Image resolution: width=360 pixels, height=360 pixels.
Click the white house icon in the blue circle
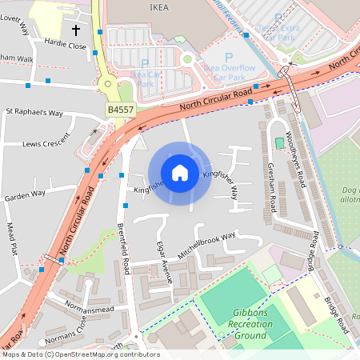point(180,173)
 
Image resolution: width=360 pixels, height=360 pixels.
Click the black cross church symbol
point(76,30)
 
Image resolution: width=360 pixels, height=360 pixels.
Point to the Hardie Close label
point(66,46)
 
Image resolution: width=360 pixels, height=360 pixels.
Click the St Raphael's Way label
point(34,113)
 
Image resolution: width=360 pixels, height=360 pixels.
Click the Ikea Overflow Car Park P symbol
point(228,57)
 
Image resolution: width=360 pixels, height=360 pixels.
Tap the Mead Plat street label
point(12,238)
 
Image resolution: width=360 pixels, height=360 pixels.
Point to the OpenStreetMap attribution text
point(80,354)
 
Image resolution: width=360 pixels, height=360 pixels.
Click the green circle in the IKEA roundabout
point(187,58)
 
